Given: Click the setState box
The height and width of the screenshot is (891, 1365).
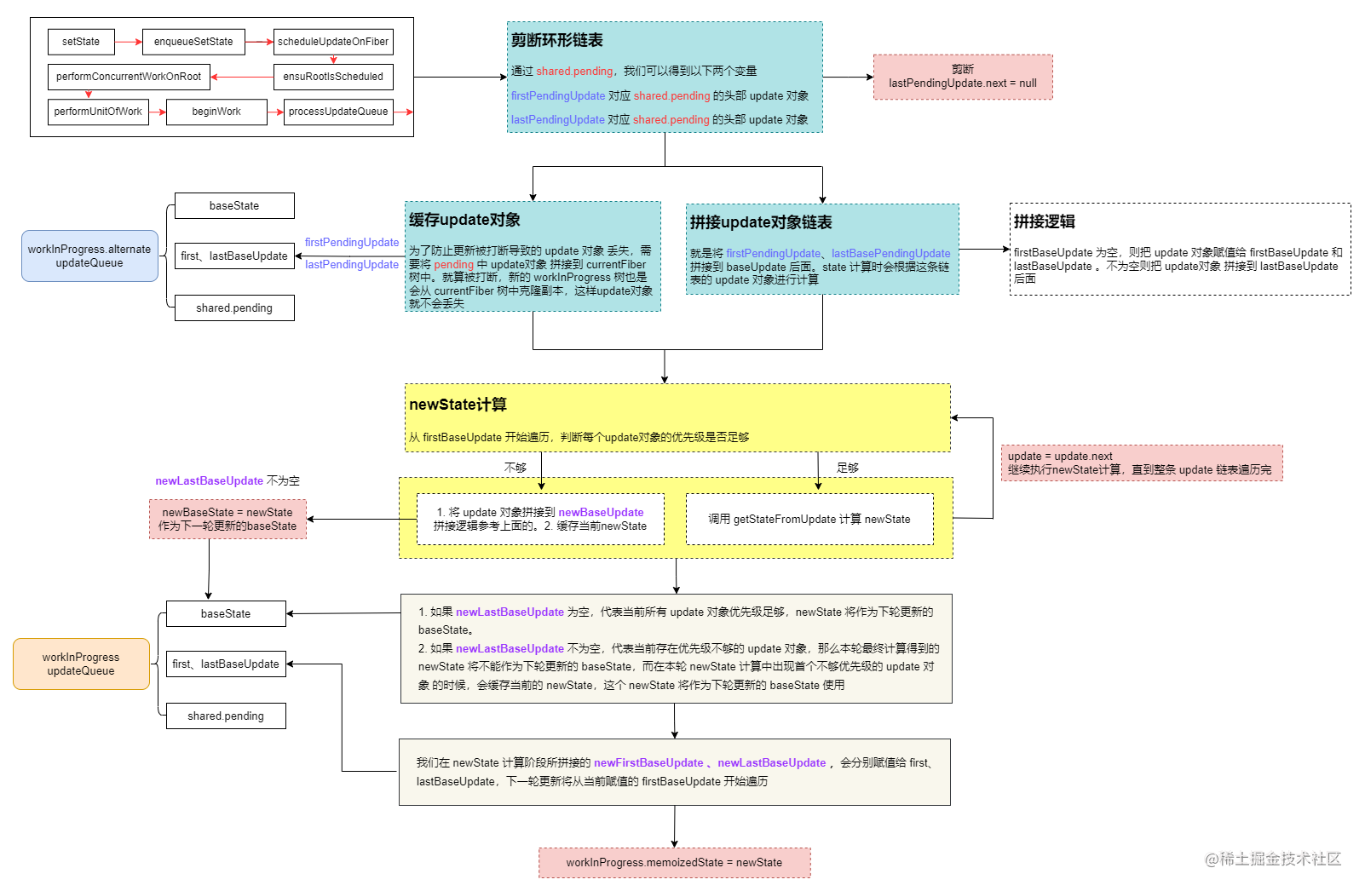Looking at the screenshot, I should click(x=81, y=42).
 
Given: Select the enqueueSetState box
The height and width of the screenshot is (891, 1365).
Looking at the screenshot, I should click(x=193, y=42).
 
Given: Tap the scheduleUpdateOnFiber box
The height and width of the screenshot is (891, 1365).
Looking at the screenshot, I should click(x=333, y=42).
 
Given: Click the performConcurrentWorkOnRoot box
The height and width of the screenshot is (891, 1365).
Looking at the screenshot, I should click(x=129, y=77).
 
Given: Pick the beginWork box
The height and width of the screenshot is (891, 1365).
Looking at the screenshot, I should click(x=216, y=112).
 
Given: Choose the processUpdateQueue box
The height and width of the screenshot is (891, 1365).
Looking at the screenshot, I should click(x=338, y=112).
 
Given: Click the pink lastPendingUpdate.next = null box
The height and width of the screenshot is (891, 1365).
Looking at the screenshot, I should click(x=963, y=78).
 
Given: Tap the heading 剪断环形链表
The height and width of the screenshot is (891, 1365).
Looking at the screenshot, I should click(x=557, y=40).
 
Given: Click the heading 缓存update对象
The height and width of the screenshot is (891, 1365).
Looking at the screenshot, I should click(x=464, y=220).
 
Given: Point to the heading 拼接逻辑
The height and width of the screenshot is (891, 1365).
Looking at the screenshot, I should click(x=1044, y=221).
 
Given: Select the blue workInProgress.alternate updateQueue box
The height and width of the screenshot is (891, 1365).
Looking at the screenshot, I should click(x=89, y=256).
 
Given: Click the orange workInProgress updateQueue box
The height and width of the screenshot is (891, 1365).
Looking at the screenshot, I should click(x=81, y=664).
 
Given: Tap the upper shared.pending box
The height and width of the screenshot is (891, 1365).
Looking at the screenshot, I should click(x=234, y=308).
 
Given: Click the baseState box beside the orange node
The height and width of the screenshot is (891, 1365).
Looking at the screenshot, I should click(x=226, y=613).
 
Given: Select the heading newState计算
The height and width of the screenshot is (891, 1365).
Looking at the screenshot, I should click(x=458, y=405).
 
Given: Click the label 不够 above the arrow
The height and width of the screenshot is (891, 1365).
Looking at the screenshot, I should click(x=515, y=468).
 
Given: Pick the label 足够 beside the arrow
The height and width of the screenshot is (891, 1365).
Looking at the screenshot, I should click(x=847, y=468).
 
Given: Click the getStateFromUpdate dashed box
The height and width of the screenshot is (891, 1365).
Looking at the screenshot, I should click(x=809, y=519).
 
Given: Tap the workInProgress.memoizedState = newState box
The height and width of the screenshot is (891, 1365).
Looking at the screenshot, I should click(x=674, y=862).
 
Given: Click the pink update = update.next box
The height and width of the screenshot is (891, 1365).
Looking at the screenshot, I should click(x=1141, y=463).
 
